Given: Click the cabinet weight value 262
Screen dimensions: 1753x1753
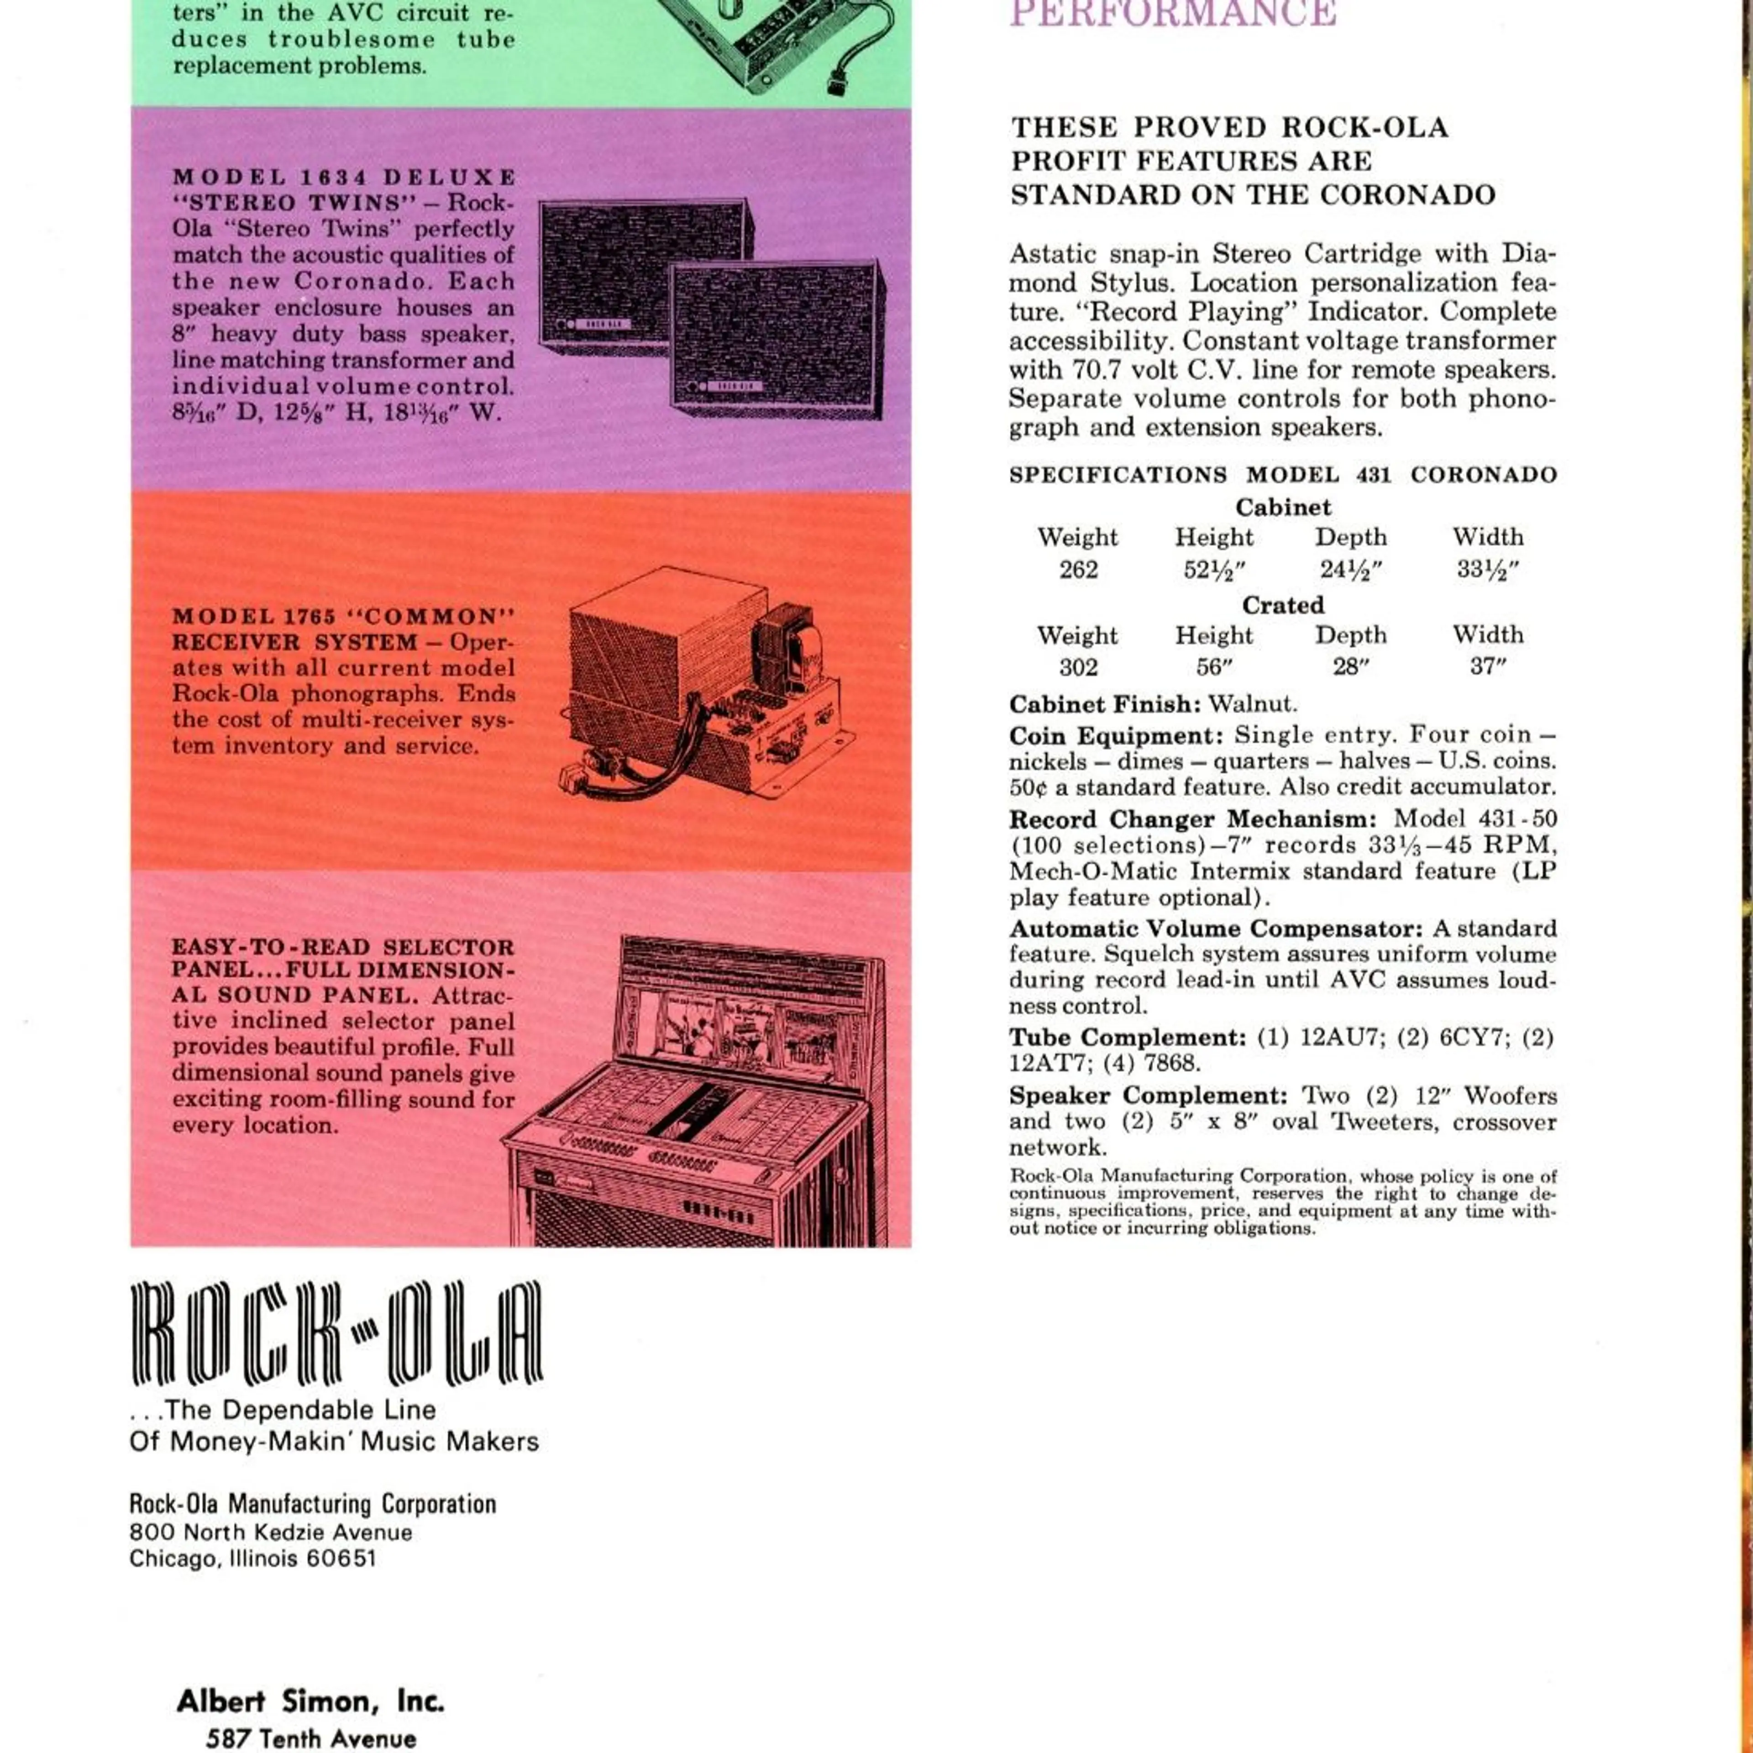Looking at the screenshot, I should [x=1078, y=570].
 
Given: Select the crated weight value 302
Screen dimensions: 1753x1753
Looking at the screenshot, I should [x=1078, y=668].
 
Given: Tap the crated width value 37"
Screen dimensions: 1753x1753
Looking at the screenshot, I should [x=1488, y=668].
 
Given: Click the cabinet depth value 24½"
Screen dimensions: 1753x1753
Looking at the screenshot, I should [x=1351, y=570].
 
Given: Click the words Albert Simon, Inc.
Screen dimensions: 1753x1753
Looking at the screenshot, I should [x=310, y=1701].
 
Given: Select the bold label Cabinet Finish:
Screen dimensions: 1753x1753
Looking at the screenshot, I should [x=1105, y=704].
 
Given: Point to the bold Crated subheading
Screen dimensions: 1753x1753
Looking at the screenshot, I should [x=1283, y=605].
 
